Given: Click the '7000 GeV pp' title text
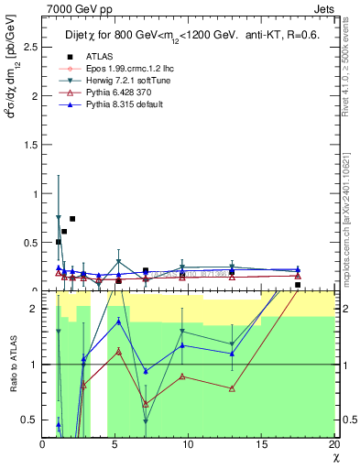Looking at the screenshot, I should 73,8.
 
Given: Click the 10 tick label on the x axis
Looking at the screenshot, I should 188,444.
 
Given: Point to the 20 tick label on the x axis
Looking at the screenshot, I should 333,444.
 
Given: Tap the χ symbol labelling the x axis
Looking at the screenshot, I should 335,457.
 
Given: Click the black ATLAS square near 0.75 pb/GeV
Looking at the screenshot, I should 72,219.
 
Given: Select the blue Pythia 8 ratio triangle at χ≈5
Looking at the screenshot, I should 119,322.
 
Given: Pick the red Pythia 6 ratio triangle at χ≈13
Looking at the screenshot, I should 232,388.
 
